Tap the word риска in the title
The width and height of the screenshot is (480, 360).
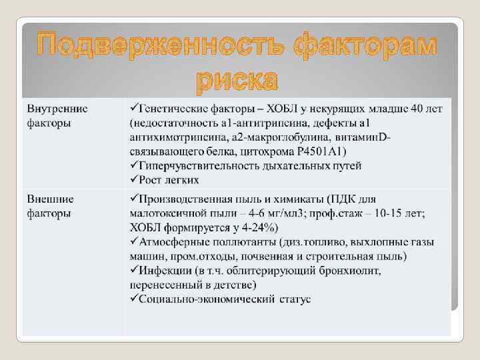click(237, 80)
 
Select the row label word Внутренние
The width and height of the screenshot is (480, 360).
click(57, 108)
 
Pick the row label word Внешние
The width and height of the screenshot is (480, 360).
click(51, 199)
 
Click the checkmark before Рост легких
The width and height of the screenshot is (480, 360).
click(133, 180)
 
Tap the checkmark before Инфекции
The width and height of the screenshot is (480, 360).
click(133, 271)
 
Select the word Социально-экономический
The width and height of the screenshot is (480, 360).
click(201, 299)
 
